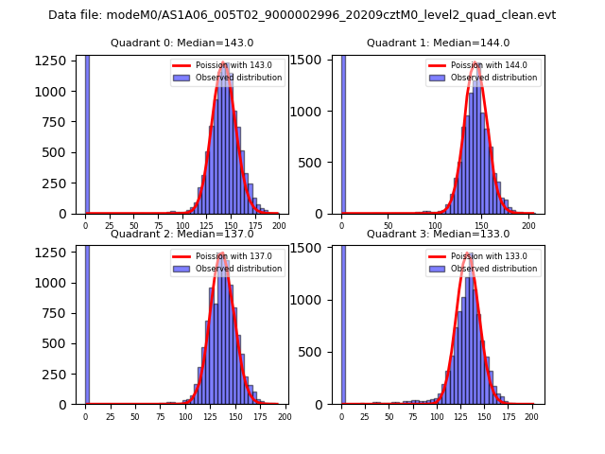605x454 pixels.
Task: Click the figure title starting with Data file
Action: pyautogui.click(x=302, y=15)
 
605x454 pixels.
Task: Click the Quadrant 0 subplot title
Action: pyautogui.click(x=181, y=43)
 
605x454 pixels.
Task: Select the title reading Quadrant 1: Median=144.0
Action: pyautogui.click(x=438, y=43)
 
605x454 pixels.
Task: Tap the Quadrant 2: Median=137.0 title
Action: pyautogui.click(x=181, y=234)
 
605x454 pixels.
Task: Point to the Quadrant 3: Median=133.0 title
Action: pyautogui.click(x=438, y=234)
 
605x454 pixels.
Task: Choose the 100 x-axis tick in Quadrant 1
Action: pyautogui.click(x=435, y=227)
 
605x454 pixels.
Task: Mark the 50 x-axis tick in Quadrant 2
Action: pyautogui.click(x=135, y=417)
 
